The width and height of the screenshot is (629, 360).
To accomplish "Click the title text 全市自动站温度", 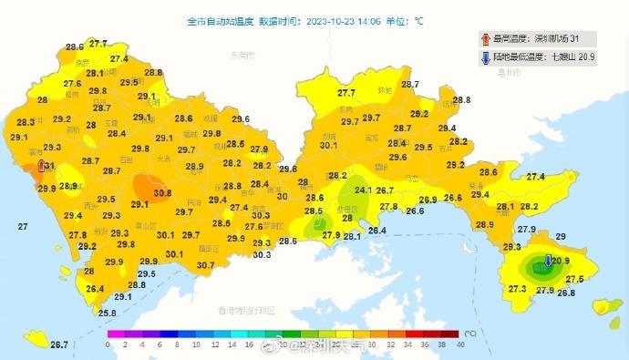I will tap(219, 20).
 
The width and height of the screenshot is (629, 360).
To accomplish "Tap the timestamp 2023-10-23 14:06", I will tap(346, 20).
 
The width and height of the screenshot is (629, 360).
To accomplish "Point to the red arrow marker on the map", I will tap(38, 166).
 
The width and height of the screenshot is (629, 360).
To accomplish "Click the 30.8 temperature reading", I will tap(162, 193).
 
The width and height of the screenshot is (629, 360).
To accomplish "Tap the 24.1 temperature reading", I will tap(363, 190).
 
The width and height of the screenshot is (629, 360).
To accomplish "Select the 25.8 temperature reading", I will tap(107, 314).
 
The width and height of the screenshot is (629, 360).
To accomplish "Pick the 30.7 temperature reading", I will tap(205, 265).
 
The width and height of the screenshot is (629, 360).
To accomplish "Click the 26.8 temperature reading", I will tap(566, 293).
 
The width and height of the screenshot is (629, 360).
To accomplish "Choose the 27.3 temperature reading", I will tap(517, 289).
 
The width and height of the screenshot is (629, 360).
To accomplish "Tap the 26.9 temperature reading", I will tap(427, 201).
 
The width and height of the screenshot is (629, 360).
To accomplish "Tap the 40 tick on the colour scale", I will tap(460, 345).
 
